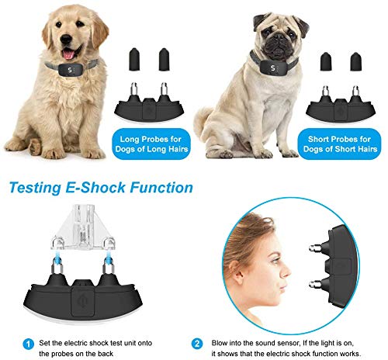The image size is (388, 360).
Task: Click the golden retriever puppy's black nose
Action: (66, 40)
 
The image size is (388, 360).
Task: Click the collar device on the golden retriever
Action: (71, 70)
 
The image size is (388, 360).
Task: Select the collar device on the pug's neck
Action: (272, 67)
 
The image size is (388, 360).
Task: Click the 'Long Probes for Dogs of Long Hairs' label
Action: (151, 144)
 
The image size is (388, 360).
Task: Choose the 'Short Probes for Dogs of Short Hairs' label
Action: (340, 144)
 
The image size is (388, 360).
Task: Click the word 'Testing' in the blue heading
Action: (35, 188)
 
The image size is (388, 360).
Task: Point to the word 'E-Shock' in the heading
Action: (95, 187)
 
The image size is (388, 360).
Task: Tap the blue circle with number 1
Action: (29, 344)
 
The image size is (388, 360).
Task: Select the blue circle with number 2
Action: (197, 344)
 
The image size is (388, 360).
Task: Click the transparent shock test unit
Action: (83, 227)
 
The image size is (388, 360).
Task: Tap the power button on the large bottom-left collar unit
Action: (82, 302)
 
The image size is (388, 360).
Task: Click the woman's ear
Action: (236, 270)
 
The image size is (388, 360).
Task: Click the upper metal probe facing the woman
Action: (316, 248)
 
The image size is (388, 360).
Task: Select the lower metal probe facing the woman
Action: (316, 285)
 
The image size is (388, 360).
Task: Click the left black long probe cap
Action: (134, 59)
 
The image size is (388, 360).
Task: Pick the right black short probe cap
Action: (356, 62)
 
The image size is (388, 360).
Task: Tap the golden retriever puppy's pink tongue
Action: (68, 54)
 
